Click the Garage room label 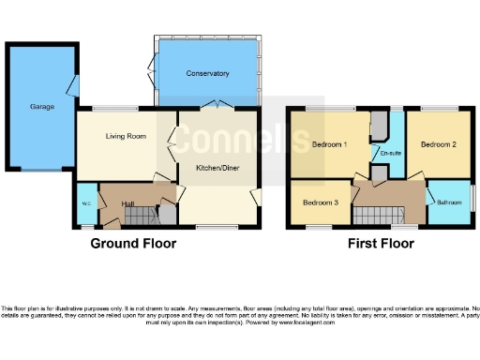click(41, 107)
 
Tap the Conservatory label click(207, 73)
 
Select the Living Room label click(125, 137)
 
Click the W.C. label click(85, 203)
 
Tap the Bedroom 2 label click(438, 145)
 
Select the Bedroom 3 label click(321, 202)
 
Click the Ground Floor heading click(132, 244)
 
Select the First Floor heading click(382, 244)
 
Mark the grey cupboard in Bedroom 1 click(378, 125)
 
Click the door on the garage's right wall click(72, 88)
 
